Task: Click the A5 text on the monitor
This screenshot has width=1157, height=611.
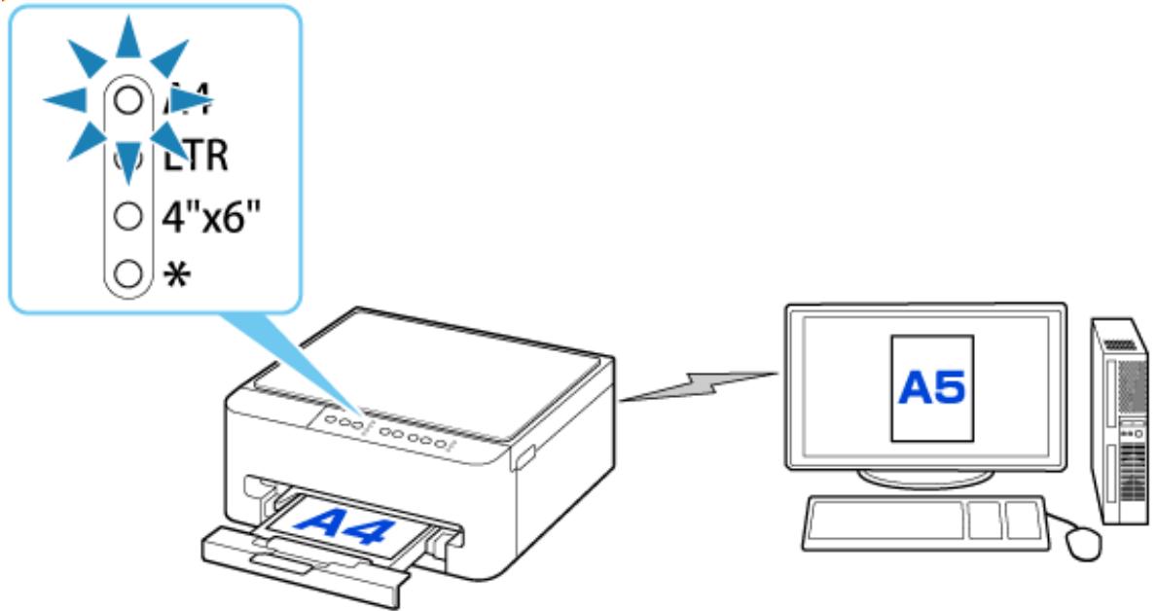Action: pos(931,388)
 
